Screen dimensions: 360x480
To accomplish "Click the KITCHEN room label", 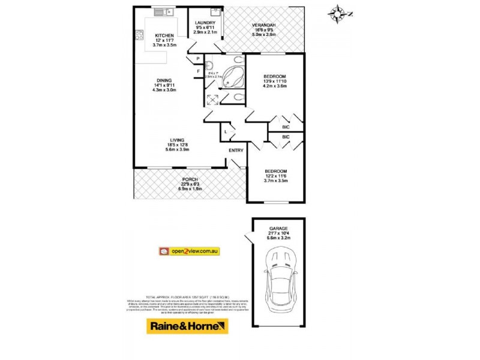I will tap(164, 35).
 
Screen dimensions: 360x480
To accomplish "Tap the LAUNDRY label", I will tap(205, 23).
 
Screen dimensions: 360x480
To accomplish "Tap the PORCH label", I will tap(190, 179).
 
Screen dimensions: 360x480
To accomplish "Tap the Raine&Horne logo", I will tap(188, 326).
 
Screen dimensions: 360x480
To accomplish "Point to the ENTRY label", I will tap(236, 151).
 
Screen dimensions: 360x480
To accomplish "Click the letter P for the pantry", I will tap(197, 59).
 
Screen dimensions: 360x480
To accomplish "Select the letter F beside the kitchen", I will tap(197, 72).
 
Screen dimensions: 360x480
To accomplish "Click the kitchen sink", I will tap(163, 11).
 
